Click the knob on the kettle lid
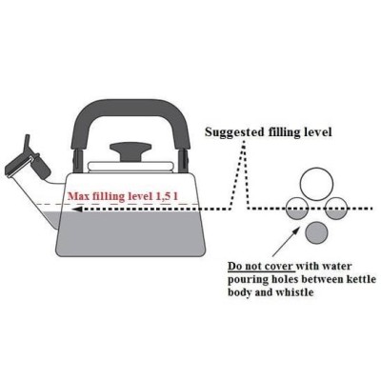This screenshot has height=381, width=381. pyautogui.click(x=130, y=151)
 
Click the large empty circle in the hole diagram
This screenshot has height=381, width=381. pyautogui.click(x=316, y=185)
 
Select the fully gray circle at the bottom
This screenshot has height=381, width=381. pyautogui.click(x=316, y=233)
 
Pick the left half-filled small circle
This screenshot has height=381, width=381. pyautogui.click(x=298, y=209)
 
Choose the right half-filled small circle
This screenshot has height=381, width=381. pyautogui.click(x=336, y=209)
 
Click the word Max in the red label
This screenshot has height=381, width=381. pyautogui.click(x=78, y=196)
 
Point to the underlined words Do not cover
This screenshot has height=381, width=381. pyautogui.click(x=261, y=266)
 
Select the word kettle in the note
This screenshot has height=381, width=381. pyautogui.click(x=361, y=279)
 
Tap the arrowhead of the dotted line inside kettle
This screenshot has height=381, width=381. pyautogui.click(x=77, y=210)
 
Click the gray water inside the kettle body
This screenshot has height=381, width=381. pyautogui.click(x=130, y=233)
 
